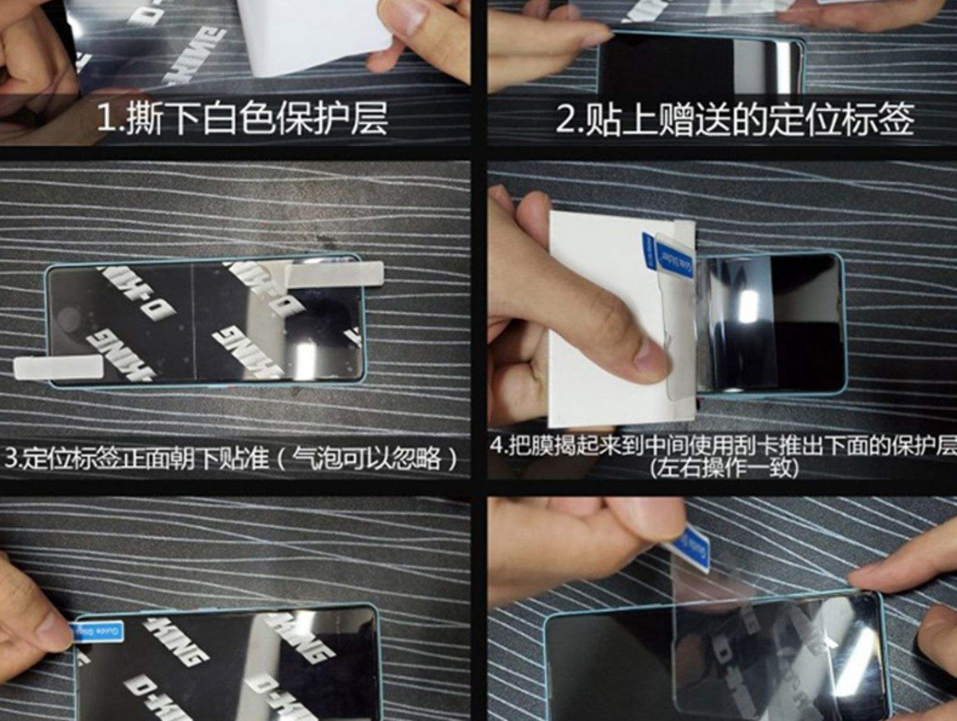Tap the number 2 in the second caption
click(x=565, y=119)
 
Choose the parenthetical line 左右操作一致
click(x=723, y=468)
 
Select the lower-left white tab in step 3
click(x=59, y=369)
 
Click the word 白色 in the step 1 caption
click(x=225, y=119)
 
